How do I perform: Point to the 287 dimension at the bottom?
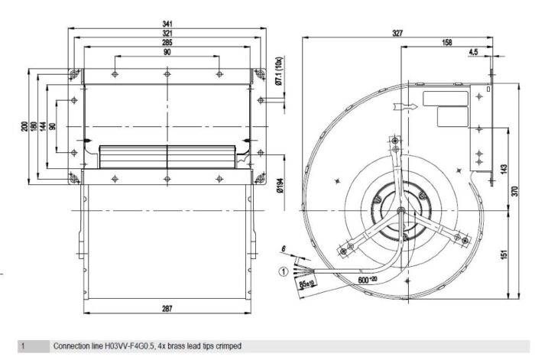pyautogui.click(x=167, y=308)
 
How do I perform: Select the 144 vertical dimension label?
pyautogui.click(x=44, y=126)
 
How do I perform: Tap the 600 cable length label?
pyautogui.click(x=368, y=279)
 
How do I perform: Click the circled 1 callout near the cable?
pyautogui.click(x=282, y=269)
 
